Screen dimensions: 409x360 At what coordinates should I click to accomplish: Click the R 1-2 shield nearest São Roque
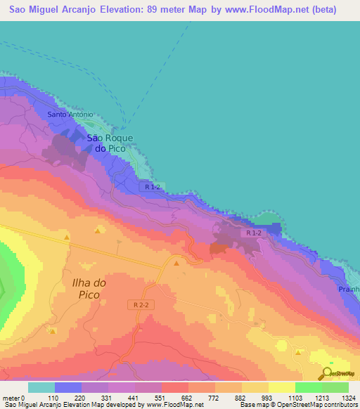[153, 187]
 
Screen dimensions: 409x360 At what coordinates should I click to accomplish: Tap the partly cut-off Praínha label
[348, 289]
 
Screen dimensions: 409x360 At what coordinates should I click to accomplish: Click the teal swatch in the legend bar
[41, 387]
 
